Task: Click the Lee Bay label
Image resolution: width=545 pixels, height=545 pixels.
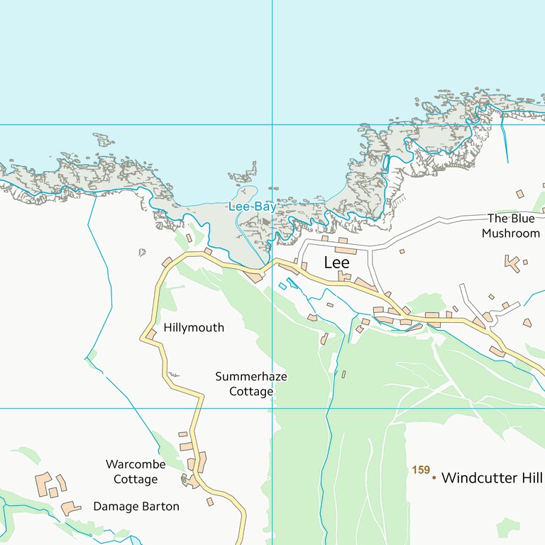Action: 252,207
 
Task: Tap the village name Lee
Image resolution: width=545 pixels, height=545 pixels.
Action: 336,263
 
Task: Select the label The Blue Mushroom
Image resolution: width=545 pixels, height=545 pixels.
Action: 511,226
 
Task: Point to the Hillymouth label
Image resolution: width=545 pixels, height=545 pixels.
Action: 194,328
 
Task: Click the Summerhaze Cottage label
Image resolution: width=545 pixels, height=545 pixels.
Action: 251,384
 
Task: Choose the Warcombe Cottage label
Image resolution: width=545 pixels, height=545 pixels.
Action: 136,472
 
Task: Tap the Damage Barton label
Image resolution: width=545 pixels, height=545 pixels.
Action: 136,507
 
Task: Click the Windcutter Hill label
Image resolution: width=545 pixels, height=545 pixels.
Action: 491,478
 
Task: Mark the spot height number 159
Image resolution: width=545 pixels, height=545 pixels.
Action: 421,470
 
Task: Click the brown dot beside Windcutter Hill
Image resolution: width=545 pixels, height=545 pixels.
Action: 434,478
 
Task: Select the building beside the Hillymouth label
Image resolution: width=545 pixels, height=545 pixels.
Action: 151,334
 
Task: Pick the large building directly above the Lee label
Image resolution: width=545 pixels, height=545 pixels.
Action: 346,251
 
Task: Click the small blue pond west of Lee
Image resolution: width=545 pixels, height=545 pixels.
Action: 283,286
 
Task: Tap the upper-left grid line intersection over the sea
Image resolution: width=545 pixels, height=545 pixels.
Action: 272,125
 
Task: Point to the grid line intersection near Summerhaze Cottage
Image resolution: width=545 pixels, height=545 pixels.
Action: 272,408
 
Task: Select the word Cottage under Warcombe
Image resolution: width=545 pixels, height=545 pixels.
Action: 136,480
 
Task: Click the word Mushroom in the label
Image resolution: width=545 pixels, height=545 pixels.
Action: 511,233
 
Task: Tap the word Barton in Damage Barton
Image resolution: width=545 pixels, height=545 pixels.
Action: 160,507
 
